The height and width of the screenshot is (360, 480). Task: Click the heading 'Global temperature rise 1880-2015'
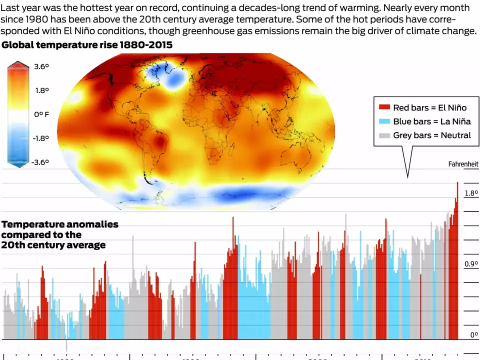pos(87,45)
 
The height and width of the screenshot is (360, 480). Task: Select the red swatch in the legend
pos(384,107)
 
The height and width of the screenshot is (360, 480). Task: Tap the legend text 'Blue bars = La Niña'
pos(431,121)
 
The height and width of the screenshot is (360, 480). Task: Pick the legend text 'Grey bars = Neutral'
pos(431,135)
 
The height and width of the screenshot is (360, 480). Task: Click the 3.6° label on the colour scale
pos(41,66)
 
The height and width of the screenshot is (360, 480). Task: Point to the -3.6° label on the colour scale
pos(40,162)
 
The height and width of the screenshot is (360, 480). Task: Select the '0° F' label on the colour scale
pos(41,114)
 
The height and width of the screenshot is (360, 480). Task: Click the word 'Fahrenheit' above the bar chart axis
pos(463,164)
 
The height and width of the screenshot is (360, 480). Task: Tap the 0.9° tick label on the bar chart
pos(471,264)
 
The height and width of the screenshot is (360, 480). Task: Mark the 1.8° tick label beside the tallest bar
pos(471,193)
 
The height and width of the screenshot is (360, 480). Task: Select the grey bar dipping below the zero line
pos(66,345)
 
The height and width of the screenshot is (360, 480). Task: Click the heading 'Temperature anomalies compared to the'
pos(60,229)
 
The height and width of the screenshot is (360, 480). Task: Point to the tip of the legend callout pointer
pos(407,177)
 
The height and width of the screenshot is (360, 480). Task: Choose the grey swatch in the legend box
pos(384,135)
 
